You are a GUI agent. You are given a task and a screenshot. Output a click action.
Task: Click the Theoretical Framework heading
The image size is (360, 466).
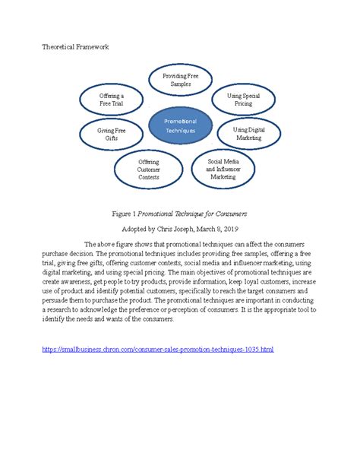(75, 47)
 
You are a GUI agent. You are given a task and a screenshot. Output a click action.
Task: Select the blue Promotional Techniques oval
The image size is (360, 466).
(181, 126)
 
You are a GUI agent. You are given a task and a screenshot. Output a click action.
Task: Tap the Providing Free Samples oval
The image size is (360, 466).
(181, 80)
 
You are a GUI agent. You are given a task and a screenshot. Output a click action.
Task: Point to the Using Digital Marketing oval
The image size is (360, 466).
(248, 135)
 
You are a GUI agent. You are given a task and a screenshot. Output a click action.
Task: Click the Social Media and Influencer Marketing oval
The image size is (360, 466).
(223, 169)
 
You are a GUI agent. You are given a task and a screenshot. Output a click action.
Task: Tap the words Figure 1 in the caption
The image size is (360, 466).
(124, 214)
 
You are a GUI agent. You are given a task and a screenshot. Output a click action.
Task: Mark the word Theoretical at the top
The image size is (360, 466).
(59, 47)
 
